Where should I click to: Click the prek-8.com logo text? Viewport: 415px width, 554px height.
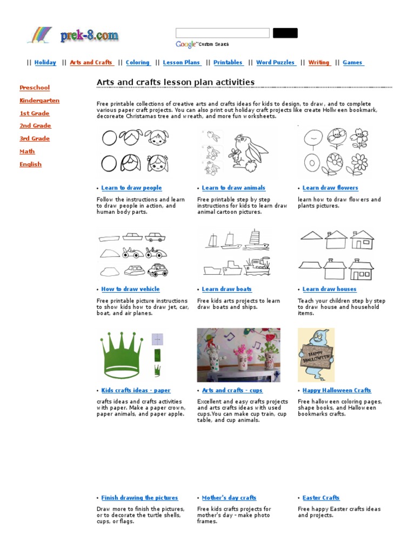89,37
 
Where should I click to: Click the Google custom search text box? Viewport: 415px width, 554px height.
222,33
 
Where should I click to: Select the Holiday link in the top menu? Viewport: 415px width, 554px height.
45,63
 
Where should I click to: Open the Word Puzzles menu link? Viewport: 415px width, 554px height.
276,63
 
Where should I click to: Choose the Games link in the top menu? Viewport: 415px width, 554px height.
353,63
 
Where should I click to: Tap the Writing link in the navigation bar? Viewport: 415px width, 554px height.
319,63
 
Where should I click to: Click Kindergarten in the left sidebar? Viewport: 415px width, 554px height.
39,101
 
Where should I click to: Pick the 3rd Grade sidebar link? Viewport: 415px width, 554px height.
35,138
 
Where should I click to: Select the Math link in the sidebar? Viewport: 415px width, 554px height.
27,151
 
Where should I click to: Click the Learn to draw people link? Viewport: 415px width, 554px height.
131,188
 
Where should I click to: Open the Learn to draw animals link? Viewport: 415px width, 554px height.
233,188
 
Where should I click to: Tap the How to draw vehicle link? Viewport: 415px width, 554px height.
130,289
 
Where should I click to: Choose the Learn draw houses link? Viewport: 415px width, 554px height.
329,289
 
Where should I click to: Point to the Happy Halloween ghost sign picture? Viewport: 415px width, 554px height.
316,355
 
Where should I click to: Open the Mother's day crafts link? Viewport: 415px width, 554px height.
229,498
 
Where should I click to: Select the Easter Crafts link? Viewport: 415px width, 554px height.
321,498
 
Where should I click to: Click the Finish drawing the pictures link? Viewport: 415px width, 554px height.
139,498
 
